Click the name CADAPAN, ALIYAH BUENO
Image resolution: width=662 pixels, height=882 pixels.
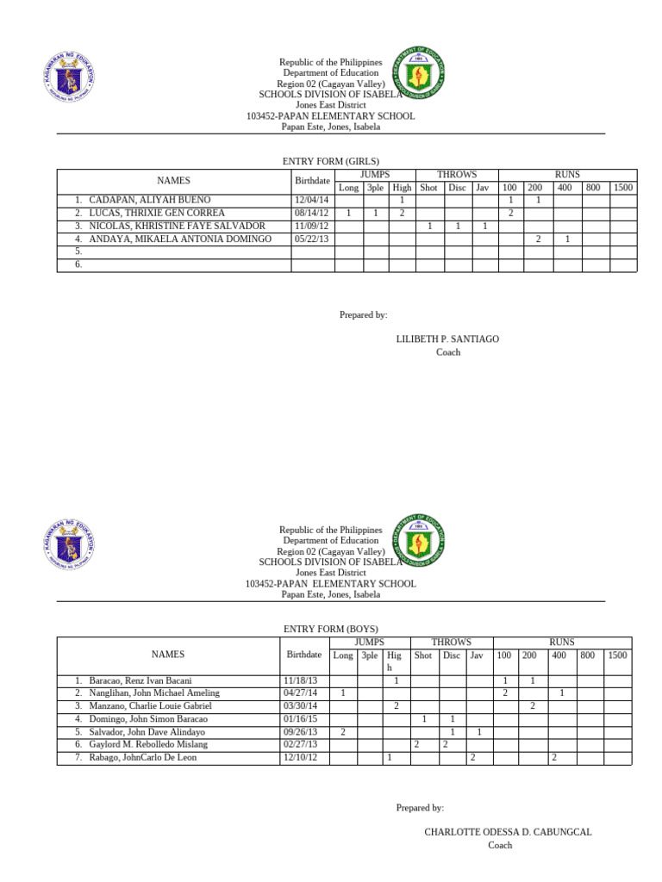[149, 200]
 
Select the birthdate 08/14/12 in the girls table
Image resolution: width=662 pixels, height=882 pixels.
[311, 213]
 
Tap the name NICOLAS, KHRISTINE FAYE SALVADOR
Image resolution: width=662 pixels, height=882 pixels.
[177, 226]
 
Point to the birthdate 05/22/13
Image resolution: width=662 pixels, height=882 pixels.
[311, 239]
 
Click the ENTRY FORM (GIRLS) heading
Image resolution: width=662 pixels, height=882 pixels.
[331, 161]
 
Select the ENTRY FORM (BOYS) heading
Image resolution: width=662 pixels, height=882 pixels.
[331, 630]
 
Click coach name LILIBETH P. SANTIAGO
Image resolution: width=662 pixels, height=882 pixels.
[447, 339]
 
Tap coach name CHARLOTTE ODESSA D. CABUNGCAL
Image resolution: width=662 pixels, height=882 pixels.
[508, 832]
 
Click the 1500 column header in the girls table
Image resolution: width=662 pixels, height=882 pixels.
[623, 187]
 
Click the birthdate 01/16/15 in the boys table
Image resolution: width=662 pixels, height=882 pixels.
[300, 718]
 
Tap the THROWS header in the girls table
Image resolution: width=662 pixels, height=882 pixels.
[456, 174]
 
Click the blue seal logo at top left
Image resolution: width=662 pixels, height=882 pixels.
[60, 75]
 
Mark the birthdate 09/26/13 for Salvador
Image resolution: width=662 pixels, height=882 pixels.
[300, 731]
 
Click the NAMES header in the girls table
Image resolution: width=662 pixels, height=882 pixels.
[174, 181]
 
